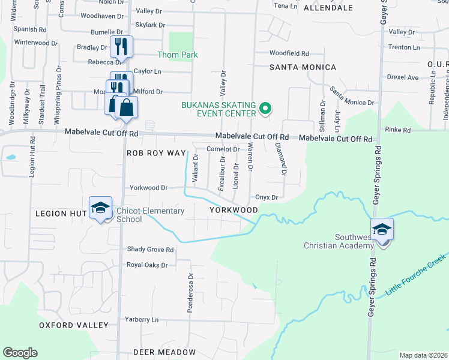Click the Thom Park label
tap(177, 55)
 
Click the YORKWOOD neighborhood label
tap(234, 210)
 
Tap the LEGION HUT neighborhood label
tap(62, 214)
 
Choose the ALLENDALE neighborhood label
tap(328, 8)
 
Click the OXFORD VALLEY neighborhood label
tap(74, 325)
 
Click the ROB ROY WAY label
tap(156, 153)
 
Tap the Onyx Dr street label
tap(267, 197)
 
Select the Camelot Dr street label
tap(223, 149)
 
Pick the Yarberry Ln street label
tap(141, 319)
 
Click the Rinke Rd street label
tap(398, 130)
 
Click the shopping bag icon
tap(127, 107)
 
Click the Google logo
tap(20, 353)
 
